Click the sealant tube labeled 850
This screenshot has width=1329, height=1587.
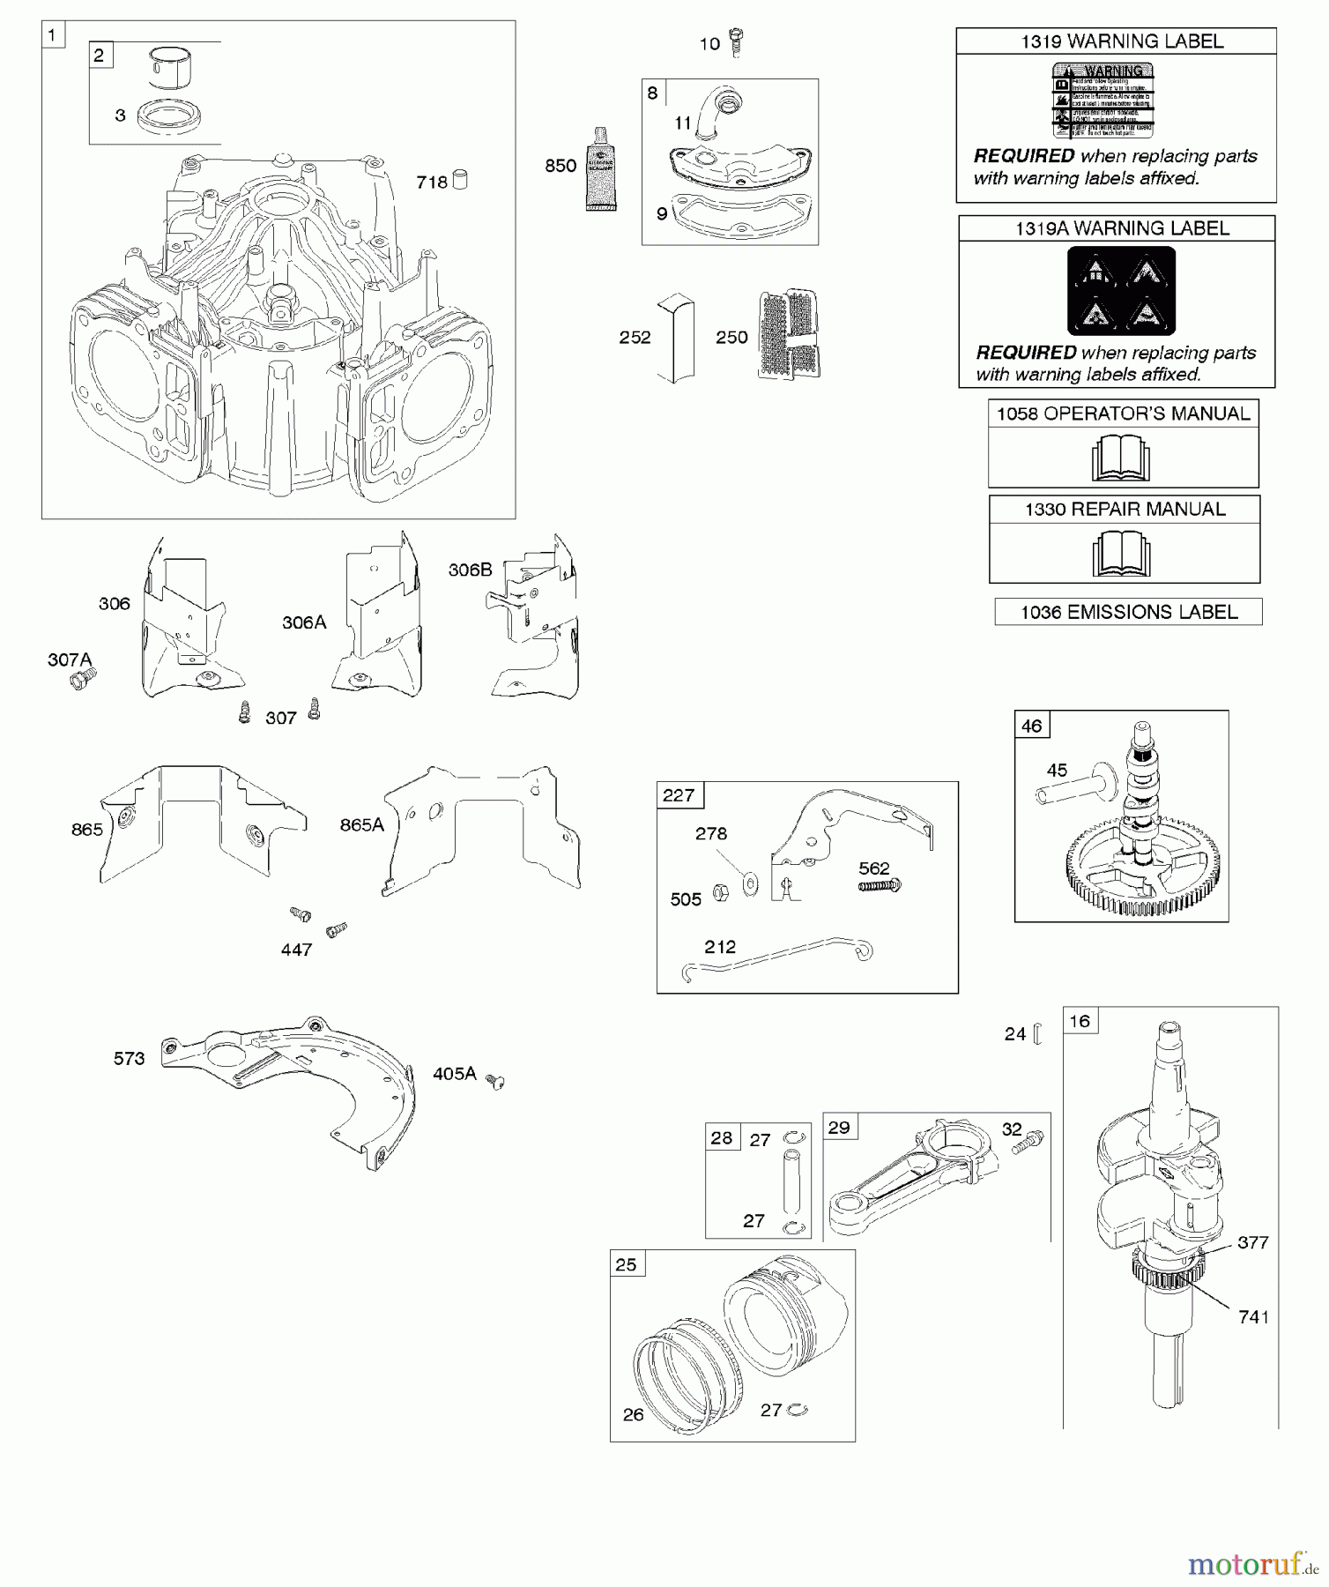pos(602,170)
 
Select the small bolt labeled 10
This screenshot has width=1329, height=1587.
pos(737,41)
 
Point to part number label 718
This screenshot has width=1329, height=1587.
pos(432,183)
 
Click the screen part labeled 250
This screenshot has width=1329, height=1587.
pos(789,334)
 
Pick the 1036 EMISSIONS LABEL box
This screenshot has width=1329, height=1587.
pos(1128,612)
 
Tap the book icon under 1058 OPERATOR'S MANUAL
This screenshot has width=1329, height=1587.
pos(1121,458)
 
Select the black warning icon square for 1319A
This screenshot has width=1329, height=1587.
pos(1121,290)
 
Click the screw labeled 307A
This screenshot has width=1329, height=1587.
pos(85,678)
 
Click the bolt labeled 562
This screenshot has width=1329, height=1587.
pos(880,885)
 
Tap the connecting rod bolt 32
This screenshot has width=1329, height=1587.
pos(1028,1144)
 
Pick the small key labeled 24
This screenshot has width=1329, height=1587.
pos(1037,1034)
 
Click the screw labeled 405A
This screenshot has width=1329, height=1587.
pos(496,1082)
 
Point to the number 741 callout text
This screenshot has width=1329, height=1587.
pos(1253,1317)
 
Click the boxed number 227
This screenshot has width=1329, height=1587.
pos(679,795)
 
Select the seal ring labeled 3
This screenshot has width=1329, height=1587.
pos(169,117)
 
